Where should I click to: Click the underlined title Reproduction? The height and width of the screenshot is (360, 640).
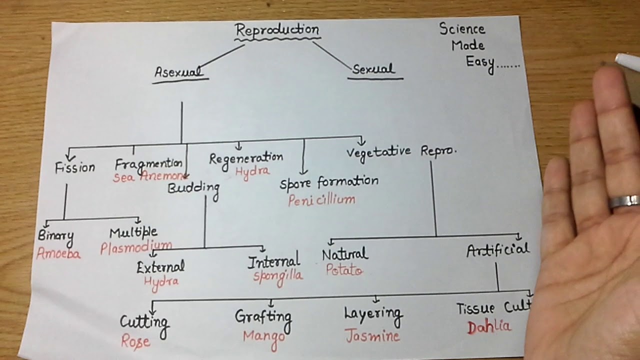coord(277,30)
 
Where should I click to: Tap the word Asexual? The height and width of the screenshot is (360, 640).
coord(179,72)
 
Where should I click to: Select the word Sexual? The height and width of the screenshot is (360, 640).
coord(373,69)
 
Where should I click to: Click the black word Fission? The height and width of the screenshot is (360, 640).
coord(75,167)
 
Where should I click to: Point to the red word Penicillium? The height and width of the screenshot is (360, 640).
coord(321,200)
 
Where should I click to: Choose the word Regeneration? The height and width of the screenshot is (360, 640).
coord(246,158)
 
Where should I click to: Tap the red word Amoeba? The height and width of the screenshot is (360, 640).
coord(58,254)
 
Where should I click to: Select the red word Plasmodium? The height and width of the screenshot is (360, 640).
coord(136,247)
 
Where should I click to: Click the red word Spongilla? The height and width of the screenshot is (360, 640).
coord(277,276)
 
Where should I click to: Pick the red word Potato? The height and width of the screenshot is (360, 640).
coord(344,270)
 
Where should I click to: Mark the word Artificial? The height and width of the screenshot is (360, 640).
coord(497,250)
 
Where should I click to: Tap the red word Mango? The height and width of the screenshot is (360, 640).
coord(264,335)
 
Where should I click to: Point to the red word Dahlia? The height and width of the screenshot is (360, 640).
coord(489,327)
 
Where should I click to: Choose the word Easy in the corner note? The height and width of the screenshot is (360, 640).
coord(480,62)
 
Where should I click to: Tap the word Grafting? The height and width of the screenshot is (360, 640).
coord(263,316)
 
